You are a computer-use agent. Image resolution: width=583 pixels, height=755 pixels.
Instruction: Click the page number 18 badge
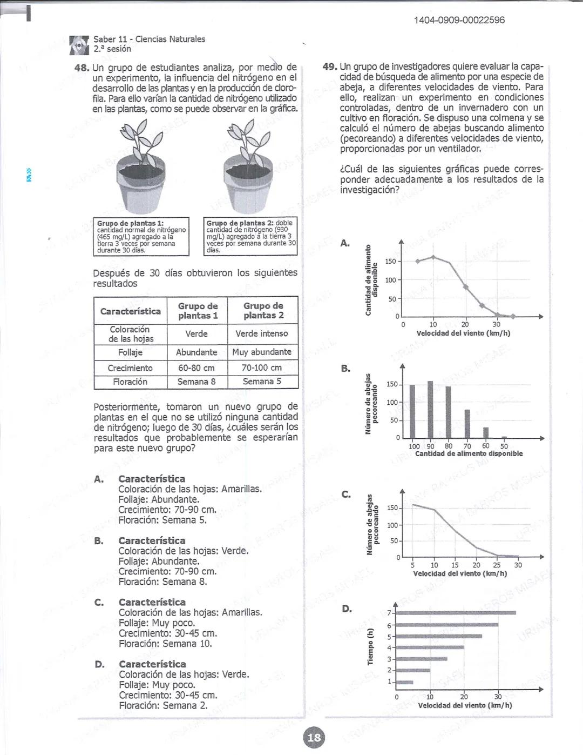pos(314,737)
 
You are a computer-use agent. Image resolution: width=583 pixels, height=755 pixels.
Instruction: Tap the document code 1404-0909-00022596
pos(459,20)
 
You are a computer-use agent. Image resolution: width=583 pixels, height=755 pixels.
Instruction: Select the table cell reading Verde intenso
pos(262,334)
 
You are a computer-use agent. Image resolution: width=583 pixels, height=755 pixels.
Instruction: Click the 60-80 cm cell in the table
pos(196,368)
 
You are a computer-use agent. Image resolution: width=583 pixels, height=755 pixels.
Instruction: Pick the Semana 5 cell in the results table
pos(262,382)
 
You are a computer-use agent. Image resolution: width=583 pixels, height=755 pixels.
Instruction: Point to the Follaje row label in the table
pos(130,352)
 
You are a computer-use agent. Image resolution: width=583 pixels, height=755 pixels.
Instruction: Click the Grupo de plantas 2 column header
pos(263,311)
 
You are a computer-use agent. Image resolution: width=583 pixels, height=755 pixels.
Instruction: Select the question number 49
pos(329,67)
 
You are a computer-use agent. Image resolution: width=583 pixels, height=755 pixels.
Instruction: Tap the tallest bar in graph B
pos(430,409)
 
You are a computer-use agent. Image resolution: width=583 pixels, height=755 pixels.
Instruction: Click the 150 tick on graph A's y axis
pos(390,262)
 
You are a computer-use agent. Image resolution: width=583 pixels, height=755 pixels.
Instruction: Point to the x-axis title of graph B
pos(469,454)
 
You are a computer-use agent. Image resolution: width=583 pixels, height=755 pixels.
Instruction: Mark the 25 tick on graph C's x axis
pos(497,565)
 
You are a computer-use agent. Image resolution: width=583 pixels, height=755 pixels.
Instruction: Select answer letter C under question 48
pos(99,603)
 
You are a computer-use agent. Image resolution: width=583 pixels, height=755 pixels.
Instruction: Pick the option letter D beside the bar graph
pos(347,609)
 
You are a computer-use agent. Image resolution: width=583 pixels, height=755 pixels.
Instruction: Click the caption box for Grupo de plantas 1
pos(141,236)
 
